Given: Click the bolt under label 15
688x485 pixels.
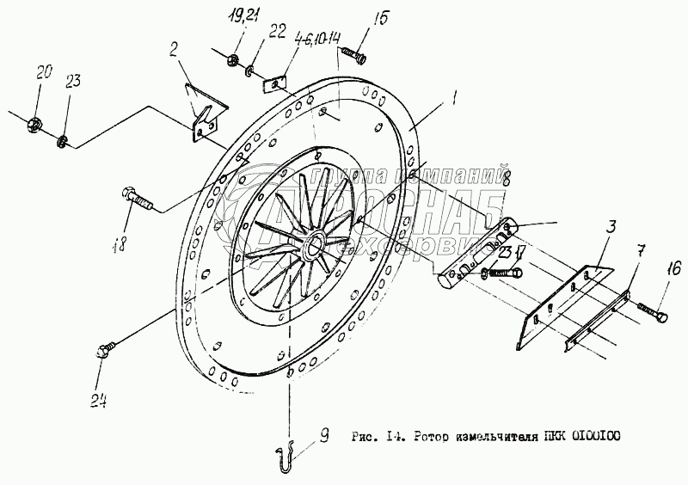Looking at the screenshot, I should (x=353, y=56).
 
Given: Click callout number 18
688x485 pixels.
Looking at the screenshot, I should (x=120, y=243).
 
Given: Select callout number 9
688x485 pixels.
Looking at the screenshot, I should (x=322, y=436).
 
